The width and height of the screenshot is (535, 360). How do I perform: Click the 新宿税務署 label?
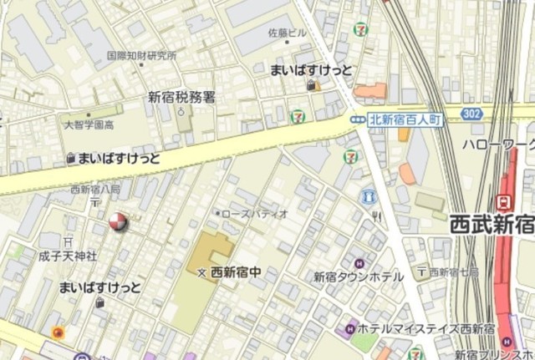click(181, 97)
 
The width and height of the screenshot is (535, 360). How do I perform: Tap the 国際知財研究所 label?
click(141, 56)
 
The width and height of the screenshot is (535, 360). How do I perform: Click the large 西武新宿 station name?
click(491, 224)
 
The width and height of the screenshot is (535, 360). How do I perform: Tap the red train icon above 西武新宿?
click(504, 201)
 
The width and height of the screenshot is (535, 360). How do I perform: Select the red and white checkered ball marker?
click(118, 221)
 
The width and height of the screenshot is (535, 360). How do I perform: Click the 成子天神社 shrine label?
click(68, 256)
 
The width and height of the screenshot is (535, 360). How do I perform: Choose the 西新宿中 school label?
click(236, 271)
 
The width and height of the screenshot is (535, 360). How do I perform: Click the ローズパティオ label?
click(255, 214)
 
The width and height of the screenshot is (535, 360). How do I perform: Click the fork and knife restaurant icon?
click(376, 218)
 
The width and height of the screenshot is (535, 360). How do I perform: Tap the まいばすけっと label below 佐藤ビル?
click(311, 71)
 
